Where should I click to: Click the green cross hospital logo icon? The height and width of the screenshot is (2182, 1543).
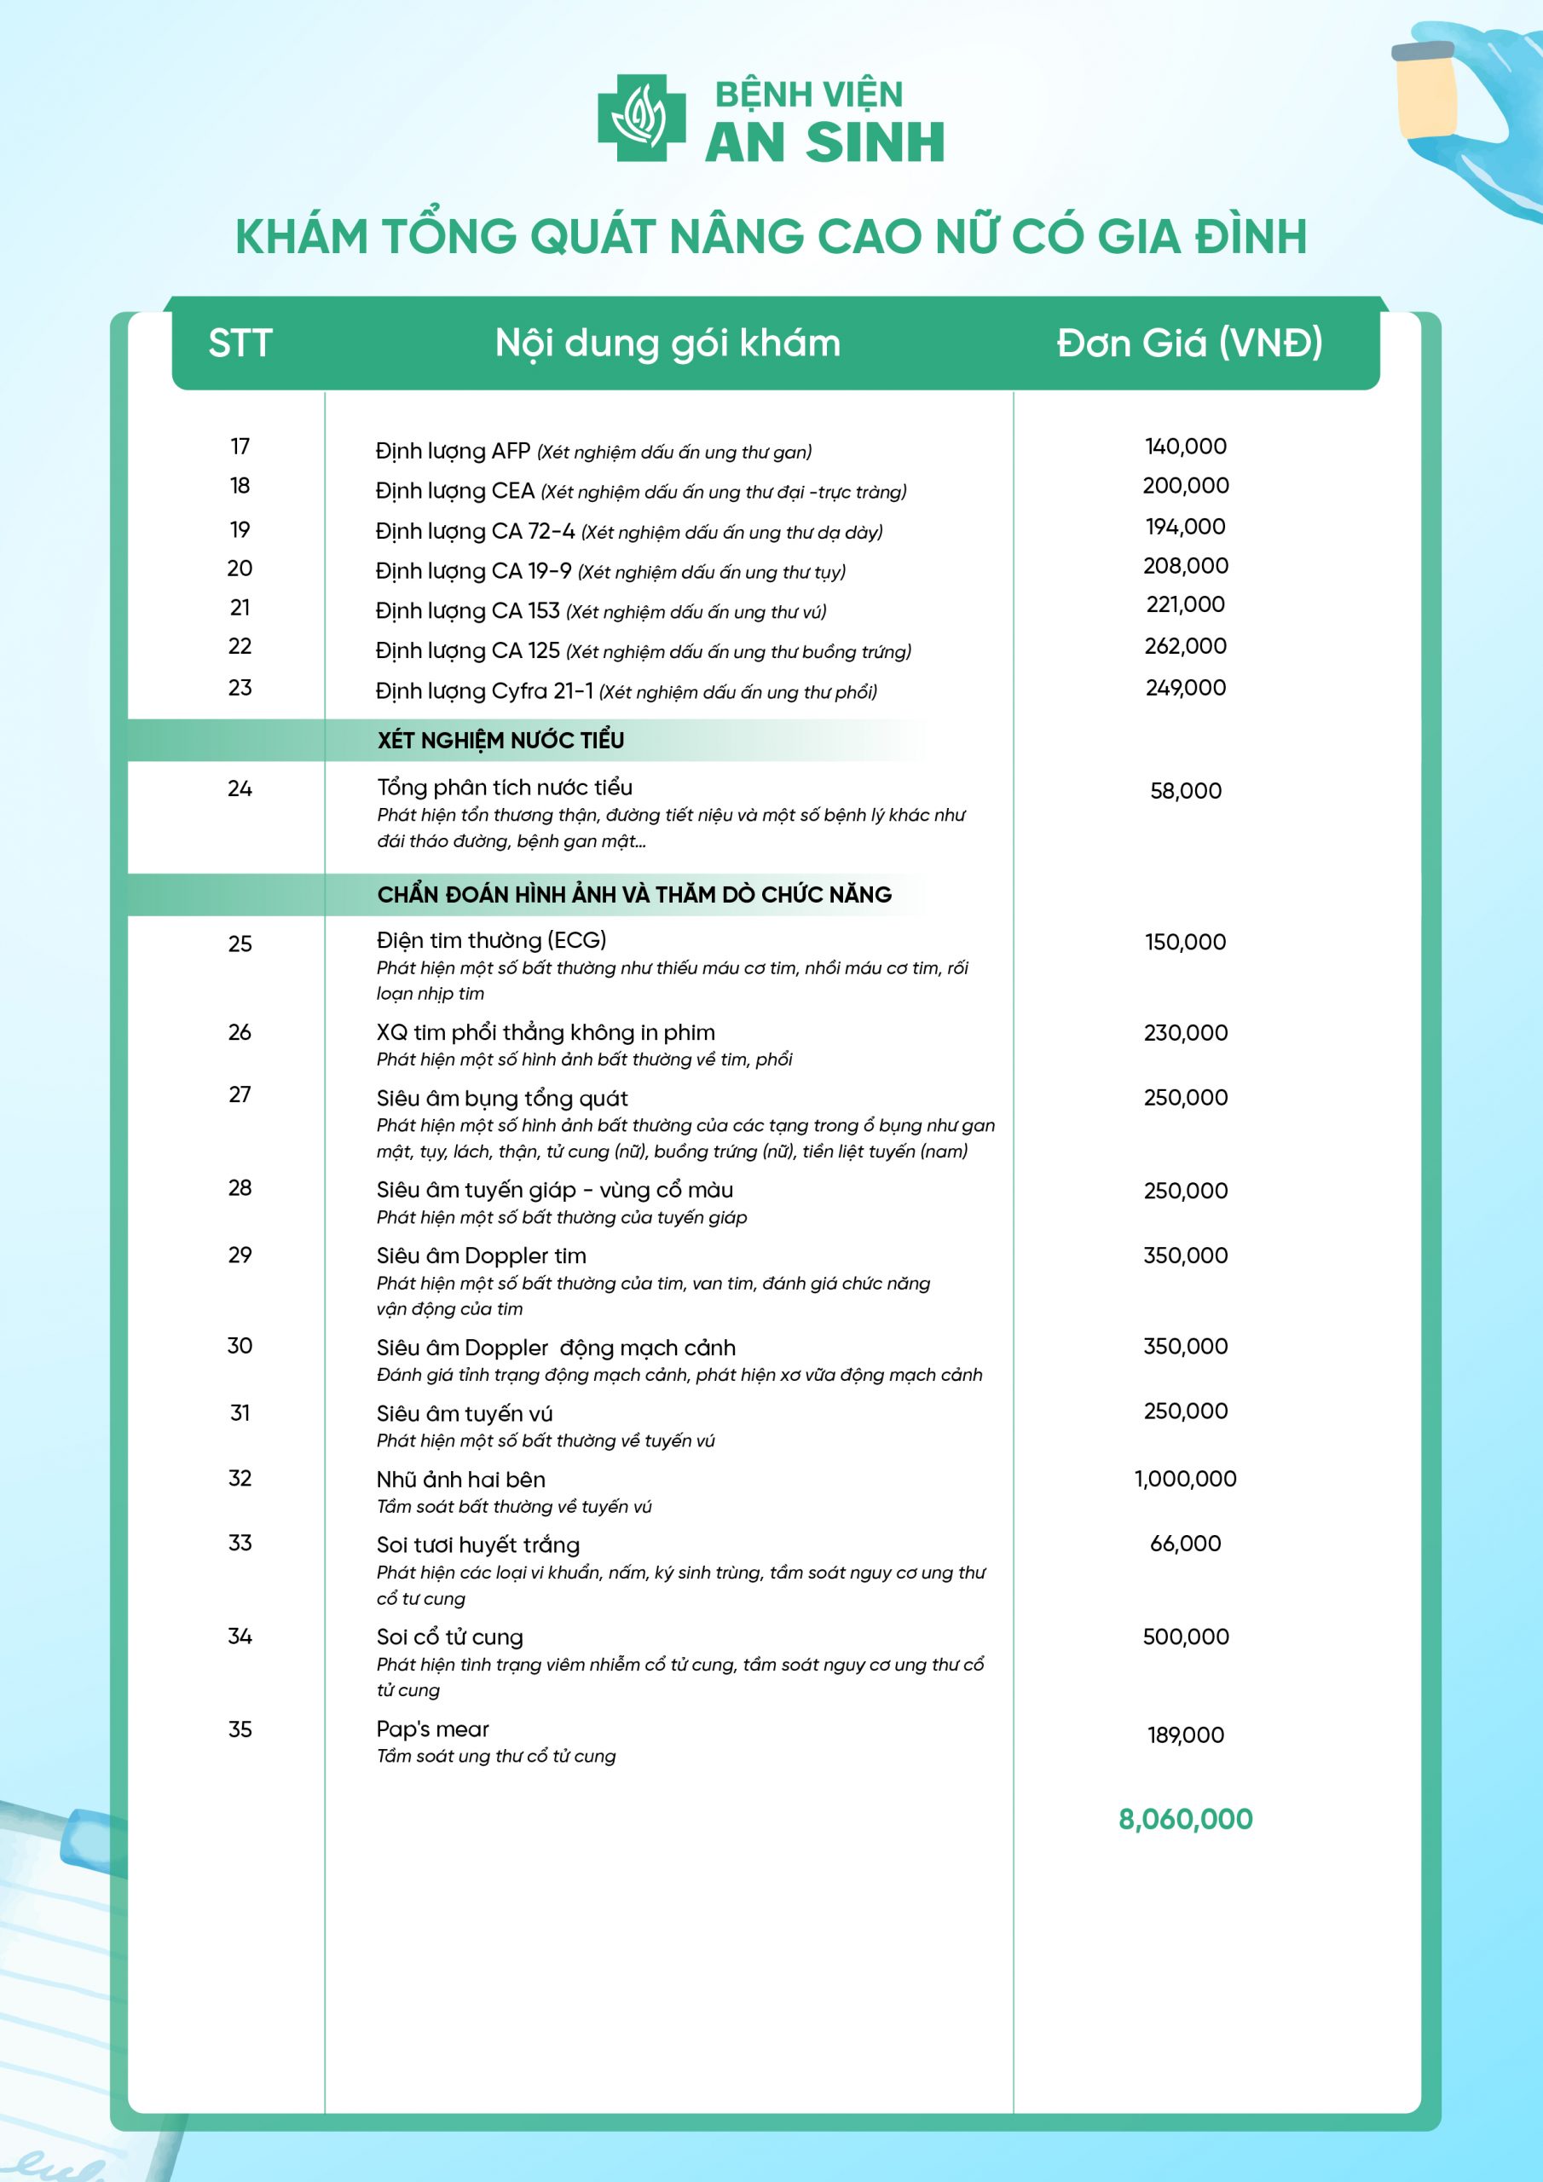click(x=642, y=118)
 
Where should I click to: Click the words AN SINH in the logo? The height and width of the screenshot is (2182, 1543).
click(x=824, y=142)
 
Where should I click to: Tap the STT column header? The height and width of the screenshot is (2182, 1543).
click(x=240, y=343)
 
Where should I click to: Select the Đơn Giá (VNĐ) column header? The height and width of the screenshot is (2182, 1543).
click(x=1189, y=343)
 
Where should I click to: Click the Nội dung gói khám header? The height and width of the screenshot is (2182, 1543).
click(x=667, y=343)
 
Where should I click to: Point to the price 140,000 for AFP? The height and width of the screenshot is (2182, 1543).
click(x=1186, y=447)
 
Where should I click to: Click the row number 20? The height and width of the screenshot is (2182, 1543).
click(x=240, y=569)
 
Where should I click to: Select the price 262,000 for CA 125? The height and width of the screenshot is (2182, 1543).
click(x=1186, y=646)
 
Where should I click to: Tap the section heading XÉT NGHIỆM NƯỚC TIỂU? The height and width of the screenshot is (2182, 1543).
click(x=500, y=741)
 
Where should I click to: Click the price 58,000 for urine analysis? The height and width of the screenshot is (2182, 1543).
click(x=1186, y=791)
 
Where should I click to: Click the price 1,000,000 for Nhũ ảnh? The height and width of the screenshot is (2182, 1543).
click(x=1186, y=1479)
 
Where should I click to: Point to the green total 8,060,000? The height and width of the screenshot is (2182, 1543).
click(x=1186, y=1819)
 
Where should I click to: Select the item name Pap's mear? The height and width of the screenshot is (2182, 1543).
click(x=432, y=1729)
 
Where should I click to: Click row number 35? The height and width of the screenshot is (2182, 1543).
click(x=240, y=1729)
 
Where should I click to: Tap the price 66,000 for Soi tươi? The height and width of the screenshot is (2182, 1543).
click(x=1186, y=1544)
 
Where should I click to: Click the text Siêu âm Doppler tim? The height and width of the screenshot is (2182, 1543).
click(x=481, y=1256)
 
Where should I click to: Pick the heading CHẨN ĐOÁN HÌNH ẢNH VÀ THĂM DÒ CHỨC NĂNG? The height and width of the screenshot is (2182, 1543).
click(x=634, y=894)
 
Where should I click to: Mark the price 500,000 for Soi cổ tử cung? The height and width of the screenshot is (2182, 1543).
click(x=1186, y=1636)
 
